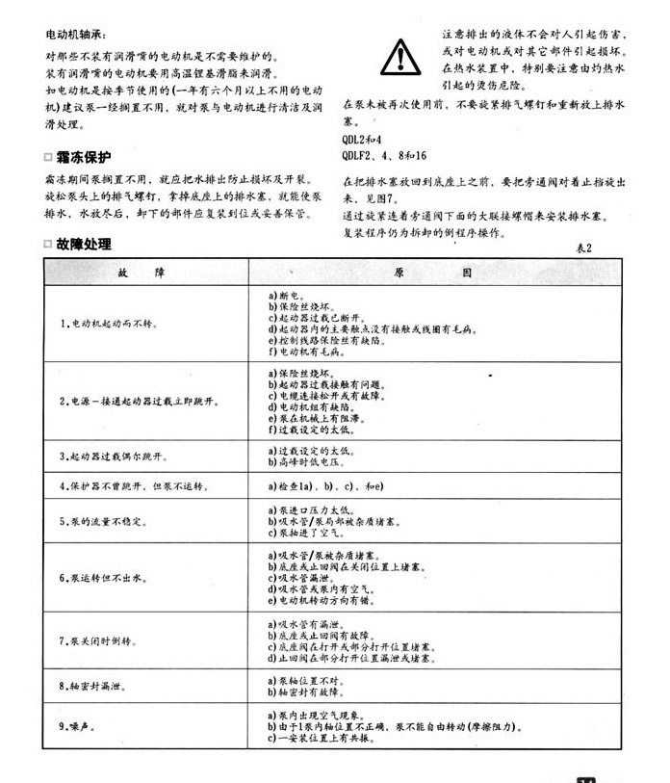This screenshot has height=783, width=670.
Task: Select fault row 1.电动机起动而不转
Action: (x=107, y=324)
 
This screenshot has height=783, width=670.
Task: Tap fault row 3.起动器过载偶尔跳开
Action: (x=114, y=456)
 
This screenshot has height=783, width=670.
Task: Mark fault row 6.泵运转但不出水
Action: (x=102, y=579)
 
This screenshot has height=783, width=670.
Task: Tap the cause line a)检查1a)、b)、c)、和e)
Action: (x=325, y=485)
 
